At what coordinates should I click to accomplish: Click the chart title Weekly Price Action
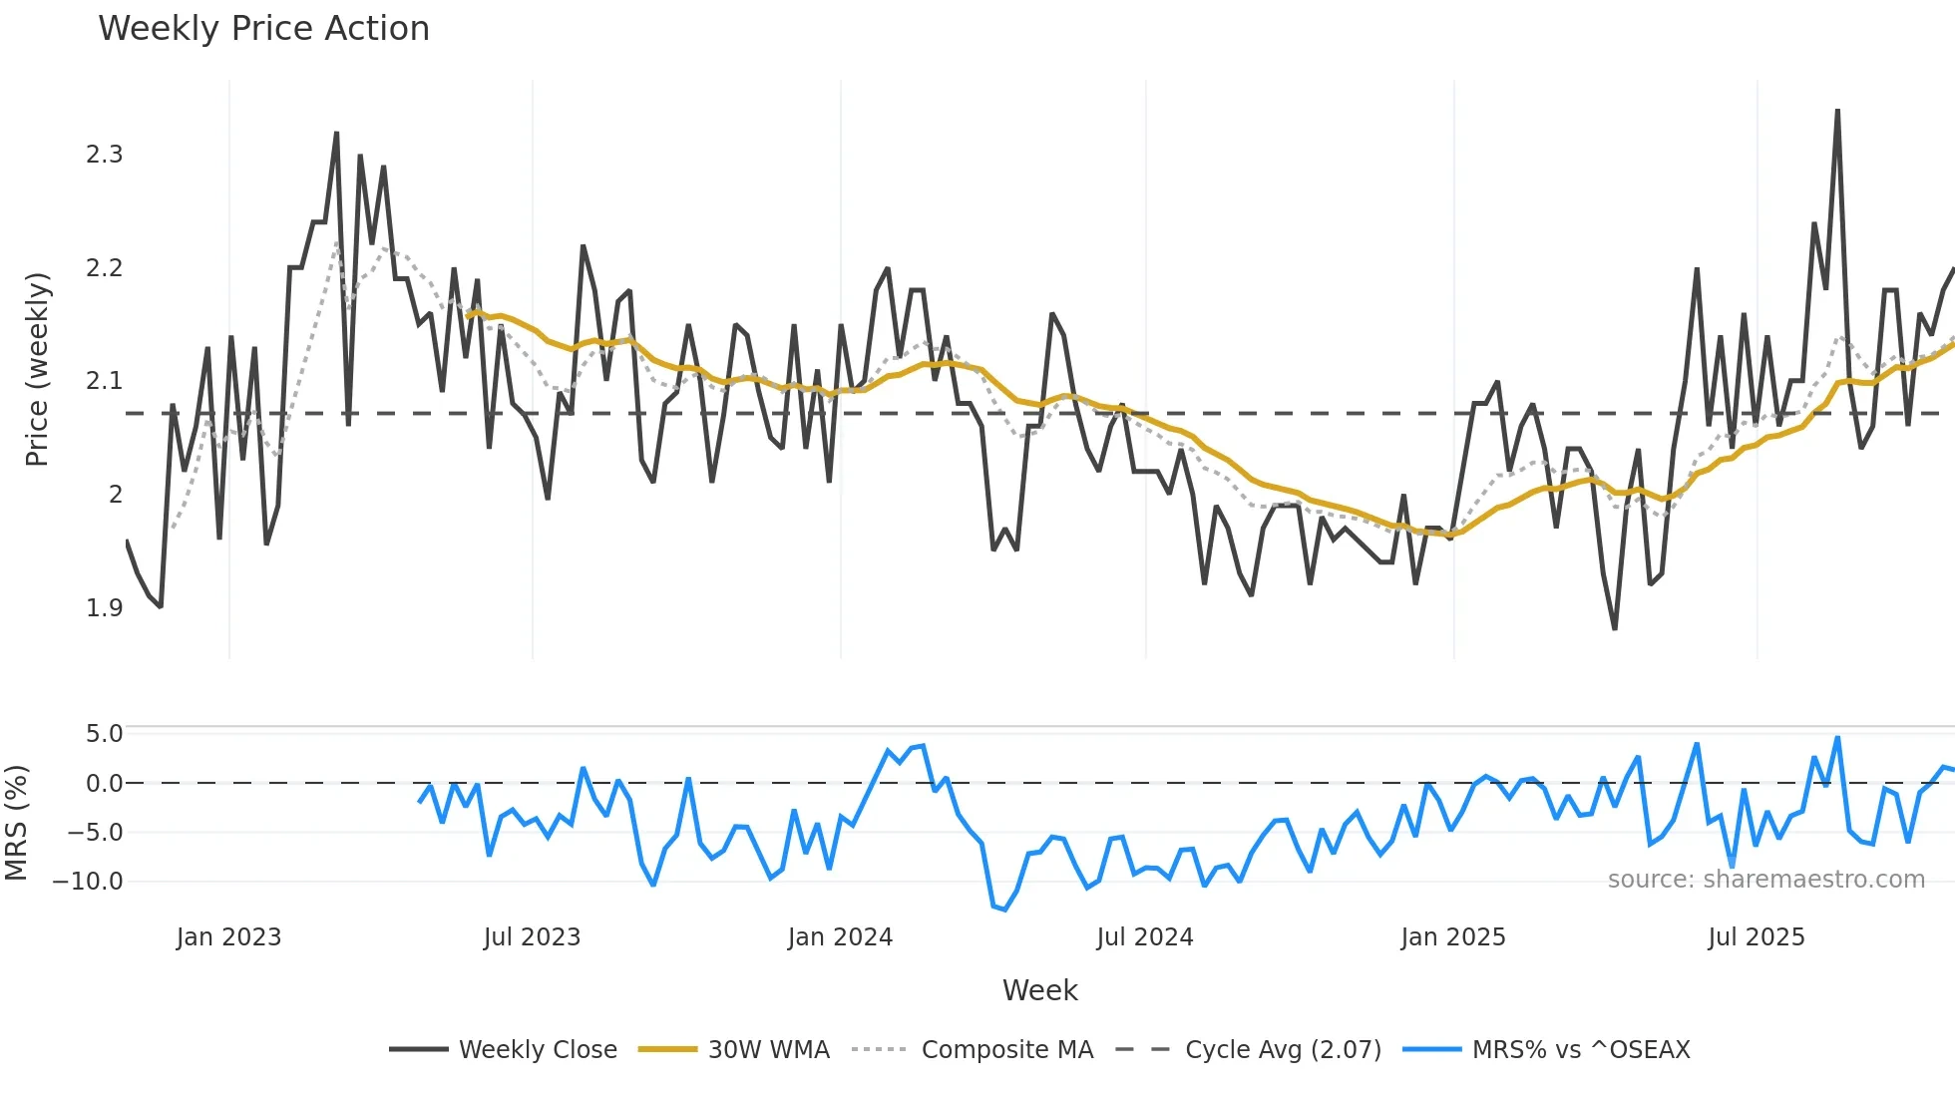pos(263,29)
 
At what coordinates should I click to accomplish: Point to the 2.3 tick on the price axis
pos(104,155)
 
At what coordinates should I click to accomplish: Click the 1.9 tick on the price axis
pos(104,608)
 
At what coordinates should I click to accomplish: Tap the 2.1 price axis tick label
pos(104,381)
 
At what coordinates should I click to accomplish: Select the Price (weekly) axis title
pos(37,369)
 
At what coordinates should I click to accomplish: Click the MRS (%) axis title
pos(16,823)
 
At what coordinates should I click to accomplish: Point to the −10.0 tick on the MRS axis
pos(88,882)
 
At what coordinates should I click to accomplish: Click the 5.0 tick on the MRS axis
pos(104,734)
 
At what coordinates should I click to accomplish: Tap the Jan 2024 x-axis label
pos(840,937)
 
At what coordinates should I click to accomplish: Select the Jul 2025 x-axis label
pos(1756,937)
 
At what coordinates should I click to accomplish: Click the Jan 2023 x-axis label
pos(228,937)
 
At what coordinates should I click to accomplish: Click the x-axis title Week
pos(1039,990)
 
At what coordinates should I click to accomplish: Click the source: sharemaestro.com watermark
pos(1765,880)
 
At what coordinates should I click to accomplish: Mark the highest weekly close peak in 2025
pos(1837,111)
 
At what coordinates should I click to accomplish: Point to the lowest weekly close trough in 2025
pos(1615,628)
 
